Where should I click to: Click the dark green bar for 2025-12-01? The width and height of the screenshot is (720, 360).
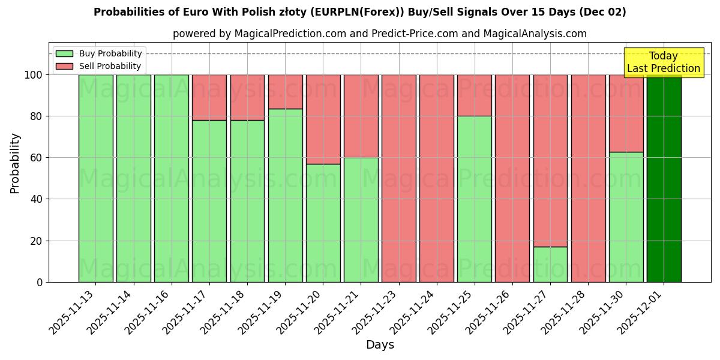point(664,178)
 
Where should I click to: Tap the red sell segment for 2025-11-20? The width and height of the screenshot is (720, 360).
point(323,119)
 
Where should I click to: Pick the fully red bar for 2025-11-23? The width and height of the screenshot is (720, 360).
point(399,178)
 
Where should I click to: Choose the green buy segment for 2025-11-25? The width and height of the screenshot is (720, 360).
point(475,199)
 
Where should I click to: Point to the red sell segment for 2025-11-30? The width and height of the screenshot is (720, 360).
point(626,113)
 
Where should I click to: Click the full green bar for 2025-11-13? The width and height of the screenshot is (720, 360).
point(96,178)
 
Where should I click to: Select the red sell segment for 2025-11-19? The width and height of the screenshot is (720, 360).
point(285,91)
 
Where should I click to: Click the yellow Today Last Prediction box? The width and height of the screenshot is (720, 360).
point(663,62)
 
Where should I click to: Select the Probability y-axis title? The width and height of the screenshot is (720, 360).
point(15,163)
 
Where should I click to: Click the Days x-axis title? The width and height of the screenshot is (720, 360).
point(380,345)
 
